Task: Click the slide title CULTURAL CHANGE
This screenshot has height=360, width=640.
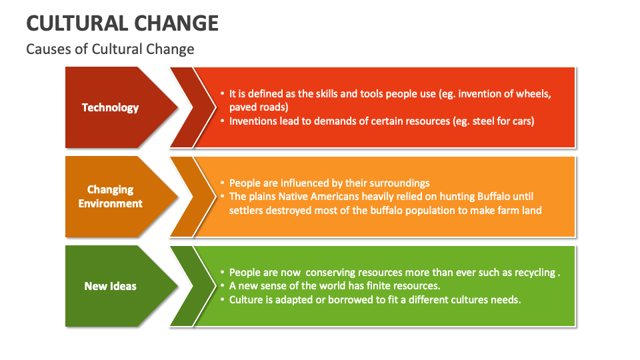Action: pos(122,23)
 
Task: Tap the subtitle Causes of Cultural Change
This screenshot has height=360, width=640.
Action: pos(110,49)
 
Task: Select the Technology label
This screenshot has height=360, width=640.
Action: pos(110,107)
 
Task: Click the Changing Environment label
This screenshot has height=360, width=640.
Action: pos(110,197)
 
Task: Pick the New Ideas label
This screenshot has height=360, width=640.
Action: pos(110,286)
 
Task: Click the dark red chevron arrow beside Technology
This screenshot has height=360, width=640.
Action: pos(183,107)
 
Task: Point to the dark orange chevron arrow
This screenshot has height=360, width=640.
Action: pos(183,197)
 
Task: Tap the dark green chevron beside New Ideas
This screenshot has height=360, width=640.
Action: pos(183,286)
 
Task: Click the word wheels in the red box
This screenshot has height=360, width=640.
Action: pos(534,94)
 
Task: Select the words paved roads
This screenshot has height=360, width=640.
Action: pos(259,107)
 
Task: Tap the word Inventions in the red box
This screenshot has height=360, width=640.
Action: pos(253,121)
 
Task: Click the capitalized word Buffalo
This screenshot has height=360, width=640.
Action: pos(497,196)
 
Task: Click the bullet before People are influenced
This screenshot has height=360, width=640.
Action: pos(222,183)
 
